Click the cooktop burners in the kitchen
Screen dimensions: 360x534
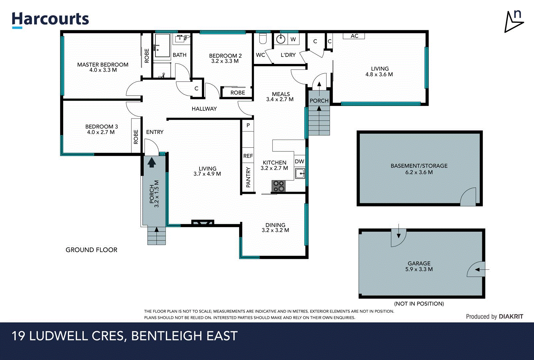(278, 186)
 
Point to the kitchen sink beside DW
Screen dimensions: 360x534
(300, 174)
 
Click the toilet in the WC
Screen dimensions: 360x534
(263, 39)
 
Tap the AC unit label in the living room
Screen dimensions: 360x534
(354, 36)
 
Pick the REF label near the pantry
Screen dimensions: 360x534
(248, 156)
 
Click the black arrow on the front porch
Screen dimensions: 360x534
(152, 162)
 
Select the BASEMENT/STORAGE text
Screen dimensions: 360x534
(419, 166)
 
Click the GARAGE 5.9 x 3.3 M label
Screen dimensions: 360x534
(419, 266)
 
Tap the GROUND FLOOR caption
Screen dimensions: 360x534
(91, 250)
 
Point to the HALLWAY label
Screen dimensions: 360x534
(204, 109)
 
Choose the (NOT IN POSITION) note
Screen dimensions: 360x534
(419, 304)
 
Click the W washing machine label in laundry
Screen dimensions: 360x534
(293, 39)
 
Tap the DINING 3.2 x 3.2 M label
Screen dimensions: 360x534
(275, 228)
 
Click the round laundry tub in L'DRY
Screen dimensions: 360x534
(281, 39)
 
